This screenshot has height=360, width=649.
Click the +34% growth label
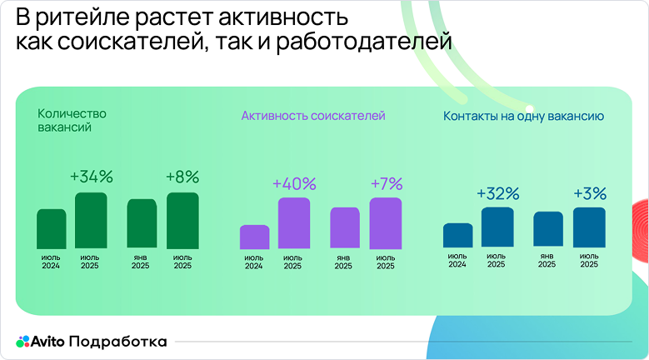click(91, 177)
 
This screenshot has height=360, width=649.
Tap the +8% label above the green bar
click(182, 177)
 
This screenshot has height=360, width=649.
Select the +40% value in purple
click(293, 183)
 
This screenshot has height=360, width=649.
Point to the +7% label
click(386, 183)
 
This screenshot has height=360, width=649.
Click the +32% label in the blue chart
click(497, 193)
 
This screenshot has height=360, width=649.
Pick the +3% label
click(590, 193)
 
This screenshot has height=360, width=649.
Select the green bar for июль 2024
click(51, 229)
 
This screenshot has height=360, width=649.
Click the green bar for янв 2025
click(142, 224)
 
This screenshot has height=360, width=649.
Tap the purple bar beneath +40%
click(294, 223)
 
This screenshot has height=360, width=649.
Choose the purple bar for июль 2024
click(254, 237)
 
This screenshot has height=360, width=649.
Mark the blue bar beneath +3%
click(589, 227)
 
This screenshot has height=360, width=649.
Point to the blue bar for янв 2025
click(548, 229)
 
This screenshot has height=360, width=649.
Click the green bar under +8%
click(182, 221)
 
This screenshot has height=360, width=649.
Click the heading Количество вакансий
click(72, 121)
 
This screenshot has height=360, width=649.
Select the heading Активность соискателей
click(313, 116)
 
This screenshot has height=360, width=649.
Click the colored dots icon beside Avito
click(22, 342)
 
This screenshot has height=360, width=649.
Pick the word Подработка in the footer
click(118, 342)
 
